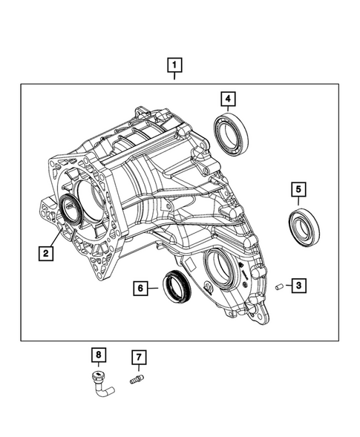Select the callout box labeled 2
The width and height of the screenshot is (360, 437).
click(46, 254)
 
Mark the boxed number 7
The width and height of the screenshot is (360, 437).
click(137, 358)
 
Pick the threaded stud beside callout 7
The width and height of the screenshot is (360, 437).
click(136, 381)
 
